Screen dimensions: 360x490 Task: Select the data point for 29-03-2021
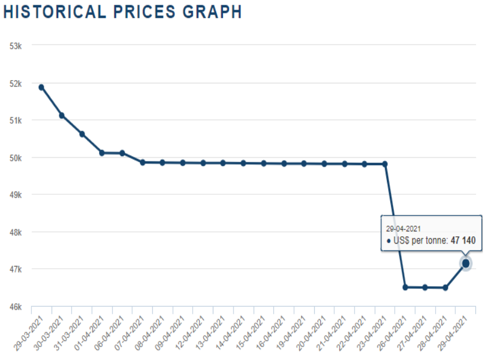41,87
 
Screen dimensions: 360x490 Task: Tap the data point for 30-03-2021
62,115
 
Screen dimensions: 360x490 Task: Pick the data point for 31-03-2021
82,134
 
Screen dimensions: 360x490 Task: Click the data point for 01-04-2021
102,153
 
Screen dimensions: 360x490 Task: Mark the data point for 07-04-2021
142,162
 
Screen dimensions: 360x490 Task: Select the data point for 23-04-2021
385,164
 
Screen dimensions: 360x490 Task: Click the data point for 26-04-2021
405,287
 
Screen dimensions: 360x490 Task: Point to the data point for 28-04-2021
445,288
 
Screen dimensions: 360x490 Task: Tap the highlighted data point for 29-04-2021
465,263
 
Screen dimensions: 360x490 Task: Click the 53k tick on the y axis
16,45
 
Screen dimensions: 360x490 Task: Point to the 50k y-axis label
16,157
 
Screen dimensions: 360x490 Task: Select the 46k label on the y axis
16,307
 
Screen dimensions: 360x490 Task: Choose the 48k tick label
16,232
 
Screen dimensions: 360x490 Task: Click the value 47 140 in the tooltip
463,241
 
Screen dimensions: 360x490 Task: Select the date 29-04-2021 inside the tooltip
404,228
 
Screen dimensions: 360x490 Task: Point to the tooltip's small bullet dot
389,241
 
